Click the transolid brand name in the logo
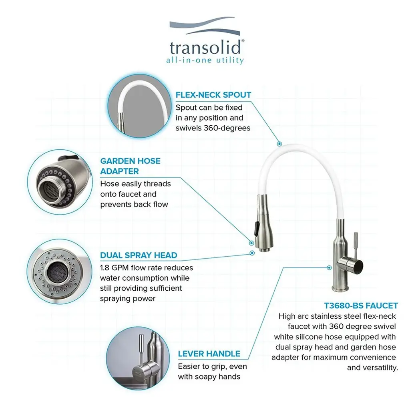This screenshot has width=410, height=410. click(205, 48)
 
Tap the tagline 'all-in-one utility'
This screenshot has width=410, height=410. click(205, 60)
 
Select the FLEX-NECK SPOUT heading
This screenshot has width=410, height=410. click(213, 94)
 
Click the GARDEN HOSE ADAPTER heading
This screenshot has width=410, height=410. click(130, 166)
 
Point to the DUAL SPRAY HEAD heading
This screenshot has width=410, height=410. click(139, 255)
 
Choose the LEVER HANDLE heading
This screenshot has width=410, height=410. click(209, 354)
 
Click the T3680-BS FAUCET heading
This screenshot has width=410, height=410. click(361, 305)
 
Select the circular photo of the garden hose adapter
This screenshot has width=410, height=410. click(60, 182)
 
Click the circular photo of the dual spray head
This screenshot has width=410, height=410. click(60, 272)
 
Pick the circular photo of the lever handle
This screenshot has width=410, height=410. click(138, 358)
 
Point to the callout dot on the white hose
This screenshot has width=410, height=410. click(279, 144)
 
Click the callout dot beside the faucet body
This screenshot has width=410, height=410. click(329, 267)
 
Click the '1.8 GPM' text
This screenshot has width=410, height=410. click(115, 268)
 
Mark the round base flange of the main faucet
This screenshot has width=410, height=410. click(340, 289)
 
